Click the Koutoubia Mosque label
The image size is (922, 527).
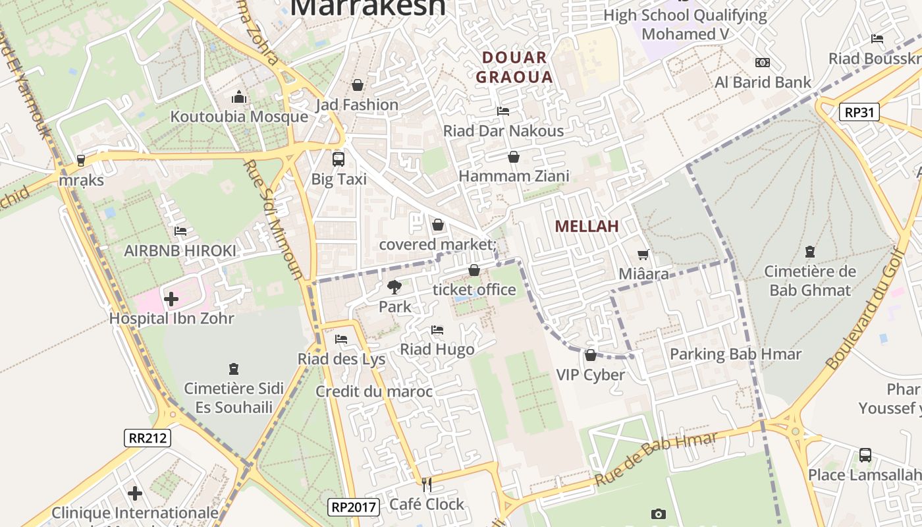click(239, 117)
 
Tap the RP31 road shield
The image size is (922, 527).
click(860, 112)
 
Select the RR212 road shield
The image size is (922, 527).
click(148, 437)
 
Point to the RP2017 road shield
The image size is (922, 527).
click(354, 507)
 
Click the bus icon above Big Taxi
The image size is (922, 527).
click(339, 159)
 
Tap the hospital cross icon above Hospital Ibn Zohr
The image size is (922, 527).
click(171, 299)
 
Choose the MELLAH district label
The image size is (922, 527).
click(586, 226)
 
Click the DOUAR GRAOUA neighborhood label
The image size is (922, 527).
click(514, 67)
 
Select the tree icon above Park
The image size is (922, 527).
click(394, 287)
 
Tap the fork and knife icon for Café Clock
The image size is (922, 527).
click(427, 485)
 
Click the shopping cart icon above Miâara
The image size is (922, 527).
click(643, 254)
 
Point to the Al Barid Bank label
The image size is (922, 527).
click(763, 82)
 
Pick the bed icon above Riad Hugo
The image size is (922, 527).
click(437, 329)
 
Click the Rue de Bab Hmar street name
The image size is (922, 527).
click(655, 459)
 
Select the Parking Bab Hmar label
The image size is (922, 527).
click(736, 354)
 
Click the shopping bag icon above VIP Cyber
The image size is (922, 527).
click(591, 356)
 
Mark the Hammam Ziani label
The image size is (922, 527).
click(514, 176)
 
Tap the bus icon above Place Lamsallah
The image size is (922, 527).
click(865, 455)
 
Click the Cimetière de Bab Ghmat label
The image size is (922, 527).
click(809, 281)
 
